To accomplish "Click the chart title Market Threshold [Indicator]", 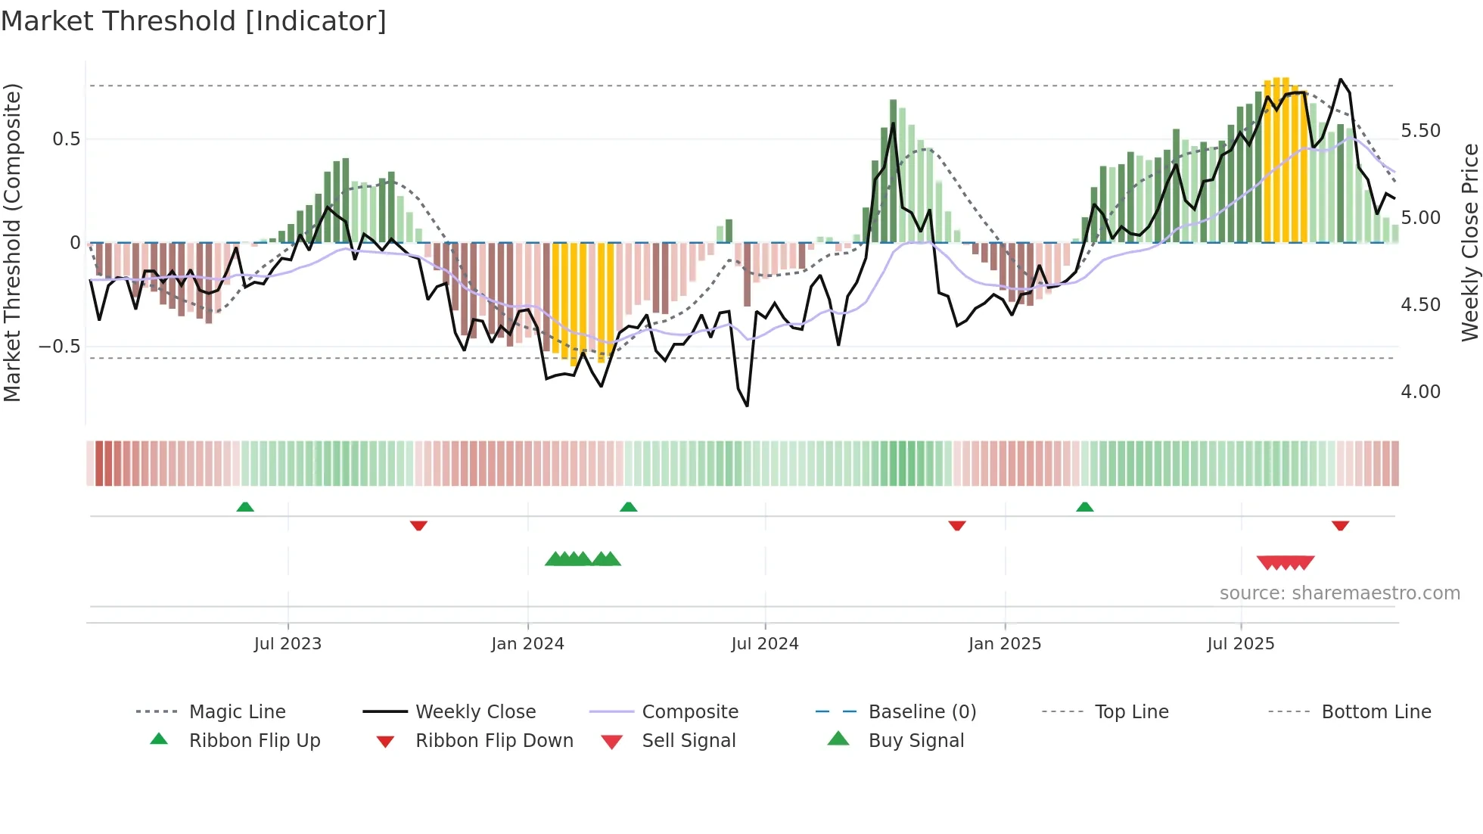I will click(x=194, y=21).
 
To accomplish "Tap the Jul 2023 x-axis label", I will click(x=288, y=644).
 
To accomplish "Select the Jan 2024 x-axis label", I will click(x=527, y=644).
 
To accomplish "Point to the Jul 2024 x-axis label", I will click(x=764, y=644).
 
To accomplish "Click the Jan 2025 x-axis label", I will click(x=1004, y=644).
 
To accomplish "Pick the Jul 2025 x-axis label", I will click(x=1240, y=644).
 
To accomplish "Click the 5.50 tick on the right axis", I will click(x=1420, y=131).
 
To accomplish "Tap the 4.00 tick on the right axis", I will click(x=1420, y=392).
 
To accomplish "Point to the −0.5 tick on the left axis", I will click(x=59, y=347).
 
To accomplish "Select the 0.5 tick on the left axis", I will click(x=66, y=139).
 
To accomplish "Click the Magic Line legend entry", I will click(x=237, y=712).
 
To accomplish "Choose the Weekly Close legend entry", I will click(x=475, y=712).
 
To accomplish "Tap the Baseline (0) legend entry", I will click(x=922, y=712).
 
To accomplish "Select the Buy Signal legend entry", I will click(x=916, y=741).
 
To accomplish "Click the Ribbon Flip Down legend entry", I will click(x=494, y=741).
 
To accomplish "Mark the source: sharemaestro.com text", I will click(x=1339, y=593).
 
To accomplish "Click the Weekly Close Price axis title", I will click(x=1469, y=242).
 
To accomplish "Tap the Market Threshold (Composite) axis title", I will click(x=12, y=242).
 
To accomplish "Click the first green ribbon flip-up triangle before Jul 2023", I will click(x=245, y=507).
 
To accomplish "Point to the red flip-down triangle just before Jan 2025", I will click(x=957, y=525).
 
